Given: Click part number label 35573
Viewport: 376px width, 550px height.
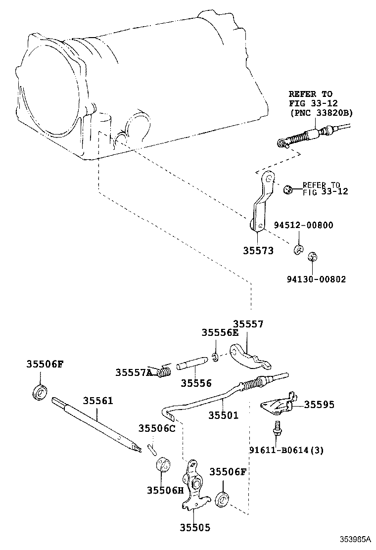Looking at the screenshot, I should click(x=258, y=251).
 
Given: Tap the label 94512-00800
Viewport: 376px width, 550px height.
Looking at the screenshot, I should click(x=303, y=225).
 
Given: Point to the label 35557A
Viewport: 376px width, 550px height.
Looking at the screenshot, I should click(x=134, y=372).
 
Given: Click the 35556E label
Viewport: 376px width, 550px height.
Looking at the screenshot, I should click(x=220, y=333).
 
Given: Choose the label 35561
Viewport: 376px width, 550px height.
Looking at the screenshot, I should click(x=97, y=400).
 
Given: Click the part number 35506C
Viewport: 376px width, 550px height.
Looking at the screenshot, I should click(x=157, y=428).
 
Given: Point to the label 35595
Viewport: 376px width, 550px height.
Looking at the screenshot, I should click(x=319, y=405).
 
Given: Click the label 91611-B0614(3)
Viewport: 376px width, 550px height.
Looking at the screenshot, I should click(x=286, y=450).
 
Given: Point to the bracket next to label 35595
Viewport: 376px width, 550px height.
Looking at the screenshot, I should click(x=277, y=403).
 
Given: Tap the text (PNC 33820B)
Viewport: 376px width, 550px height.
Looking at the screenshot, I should click(x=321, y=113).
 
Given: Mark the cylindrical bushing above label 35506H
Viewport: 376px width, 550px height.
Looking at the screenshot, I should click(x=162, y=465).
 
